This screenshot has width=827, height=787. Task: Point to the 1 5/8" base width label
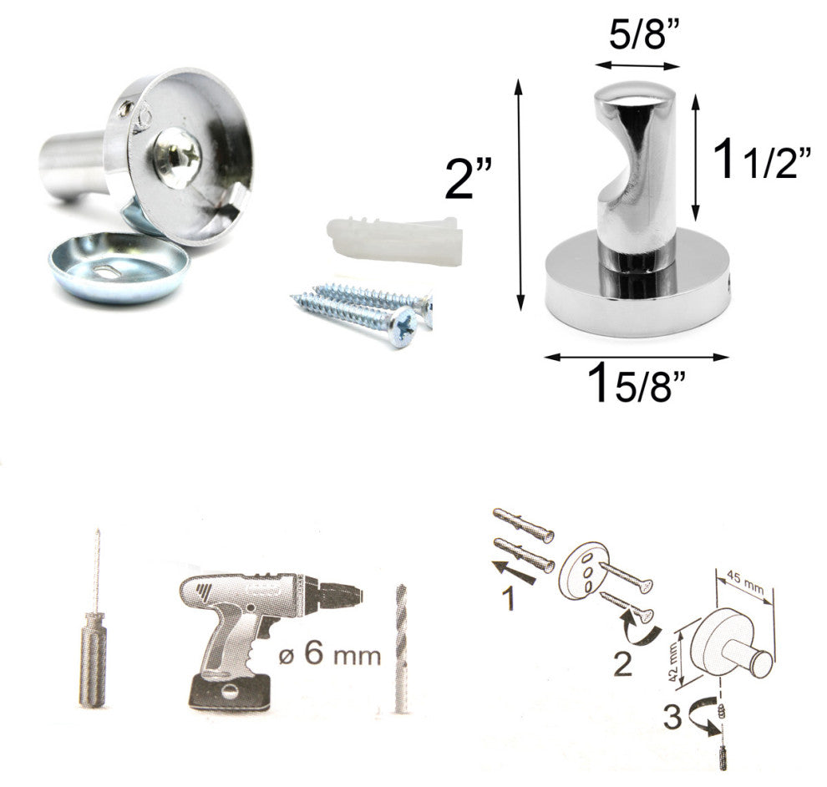pyautogui.click(x=638, y=383)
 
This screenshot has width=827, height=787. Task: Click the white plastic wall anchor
pyautogui.click(x=394, y=241)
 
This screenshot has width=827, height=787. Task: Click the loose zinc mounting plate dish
pyautogui.click(x=118, y=267)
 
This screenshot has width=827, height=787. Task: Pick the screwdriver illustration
pyautogui.click(x=94, y=617)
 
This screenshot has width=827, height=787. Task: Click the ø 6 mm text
pyautogui.click(x=330, y=654)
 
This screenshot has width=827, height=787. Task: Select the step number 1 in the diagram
pyautogui.click(x=507, y=599)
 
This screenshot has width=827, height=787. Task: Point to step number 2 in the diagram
pyautogui.click(x=622, y=664)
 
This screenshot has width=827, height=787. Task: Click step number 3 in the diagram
pyautogui.click(x=672, y=718)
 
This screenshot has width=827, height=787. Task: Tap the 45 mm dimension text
pyautogui.click(x=745, y=581)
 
